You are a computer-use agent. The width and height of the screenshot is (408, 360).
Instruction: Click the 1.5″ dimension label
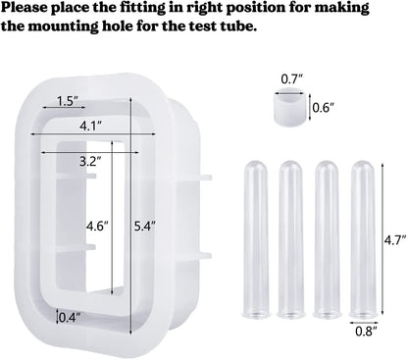point(67,101)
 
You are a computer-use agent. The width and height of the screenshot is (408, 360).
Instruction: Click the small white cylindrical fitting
point(286,106)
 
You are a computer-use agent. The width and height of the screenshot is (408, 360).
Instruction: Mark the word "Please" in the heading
point(32,9)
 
